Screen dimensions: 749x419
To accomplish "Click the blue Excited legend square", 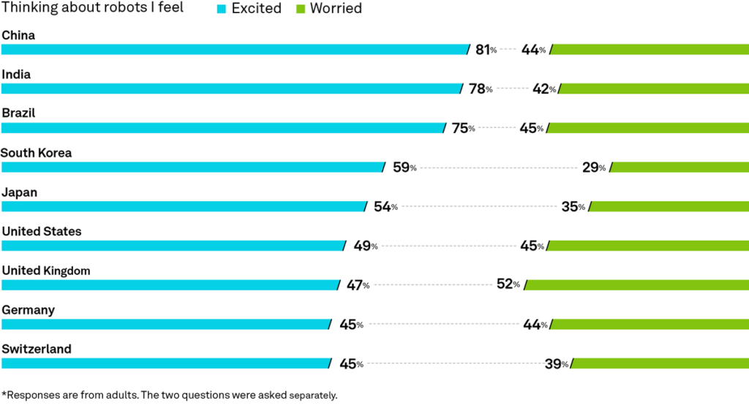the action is click(221, 9).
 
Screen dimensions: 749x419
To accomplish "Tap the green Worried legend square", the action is click(301, 9).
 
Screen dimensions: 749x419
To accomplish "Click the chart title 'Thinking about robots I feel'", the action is click(92, 7).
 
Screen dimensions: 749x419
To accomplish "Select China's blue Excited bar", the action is click(236, 50).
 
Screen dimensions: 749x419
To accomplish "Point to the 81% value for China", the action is click(486, 50).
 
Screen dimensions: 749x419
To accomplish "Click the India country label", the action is click(16, 75).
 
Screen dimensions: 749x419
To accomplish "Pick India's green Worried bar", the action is click(653, 89).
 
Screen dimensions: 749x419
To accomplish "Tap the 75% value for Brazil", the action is click(463, 128).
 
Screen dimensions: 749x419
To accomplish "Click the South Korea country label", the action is click(37, 153).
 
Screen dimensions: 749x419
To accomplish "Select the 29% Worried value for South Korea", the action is click(594, 167).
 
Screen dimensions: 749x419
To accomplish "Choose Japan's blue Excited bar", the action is click(184, 206).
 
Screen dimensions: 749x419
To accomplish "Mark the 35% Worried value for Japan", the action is click(573, 207).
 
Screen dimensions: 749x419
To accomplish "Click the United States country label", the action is click(42, 232).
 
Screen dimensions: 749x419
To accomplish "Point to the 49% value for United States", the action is click(366, 246).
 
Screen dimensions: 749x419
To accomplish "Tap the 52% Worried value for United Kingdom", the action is click(508, 284).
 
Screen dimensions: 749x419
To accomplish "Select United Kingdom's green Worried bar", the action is click(636, 285).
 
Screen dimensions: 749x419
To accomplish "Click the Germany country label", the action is click(29, 310).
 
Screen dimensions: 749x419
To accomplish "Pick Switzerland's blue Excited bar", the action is click(167, 363).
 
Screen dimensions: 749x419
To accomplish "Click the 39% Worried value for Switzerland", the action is click(557, 364).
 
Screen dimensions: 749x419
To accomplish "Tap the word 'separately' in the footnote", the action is click(313, 396).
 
